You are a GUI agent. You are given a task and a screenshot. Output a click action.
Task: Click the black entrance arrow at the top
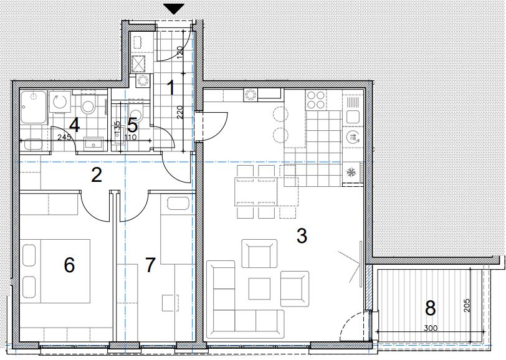174,9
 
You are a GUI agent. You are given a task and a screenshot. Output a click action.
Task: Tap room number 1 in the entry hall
171,88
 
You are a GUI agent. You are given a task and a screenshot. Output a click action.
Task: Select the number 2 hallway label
97,175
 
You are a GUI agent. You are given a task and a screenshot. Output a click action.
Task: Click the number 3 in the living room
302,236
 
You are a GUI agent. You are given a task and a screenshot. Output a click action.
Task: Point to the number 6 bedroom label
69,265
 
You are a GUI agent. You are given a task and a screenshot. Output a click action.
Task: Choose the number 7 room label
150,265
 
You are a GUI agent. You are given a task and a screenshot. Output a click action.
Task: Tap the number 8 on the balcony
430,308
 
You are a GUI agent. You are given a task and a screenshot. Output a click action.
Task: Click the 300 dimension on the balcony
431,328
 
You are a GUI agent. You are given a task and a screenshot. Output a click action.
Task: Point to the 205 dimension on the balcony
466,305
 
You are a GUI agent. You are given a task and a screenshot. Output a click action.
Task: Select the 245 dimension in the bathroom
64,138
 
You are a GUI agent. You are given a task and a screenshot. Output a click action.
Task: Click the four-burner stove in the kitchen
315,100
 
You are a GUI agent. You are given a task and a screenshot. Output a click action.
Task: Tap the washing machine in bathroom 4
60,103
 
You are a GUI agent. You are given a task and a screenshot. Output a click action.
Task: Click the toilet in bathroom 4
87,103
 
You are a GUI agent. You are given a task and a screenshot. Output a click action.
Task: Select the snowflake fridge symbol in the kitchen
350,173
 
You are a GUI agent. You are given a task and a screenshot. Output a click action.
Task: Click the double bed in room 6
55,271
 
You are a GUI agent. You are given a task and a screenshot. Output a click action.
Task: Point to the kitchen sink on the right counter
353,116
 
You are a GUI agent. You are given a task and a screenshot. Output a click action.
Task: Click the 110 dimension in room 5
130,138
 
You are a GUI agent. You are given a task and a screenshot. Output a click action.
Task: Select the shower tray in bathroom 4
34,107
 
